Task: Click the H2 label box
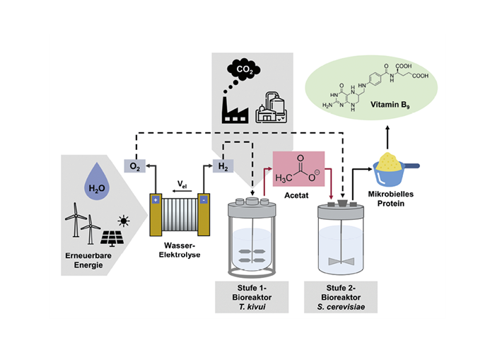pos(223,166)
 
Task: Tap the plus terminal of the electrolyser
pos(155,200)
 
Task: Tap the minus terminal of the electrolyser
pos(204,200)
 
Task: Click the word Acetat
pos(298,199)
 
